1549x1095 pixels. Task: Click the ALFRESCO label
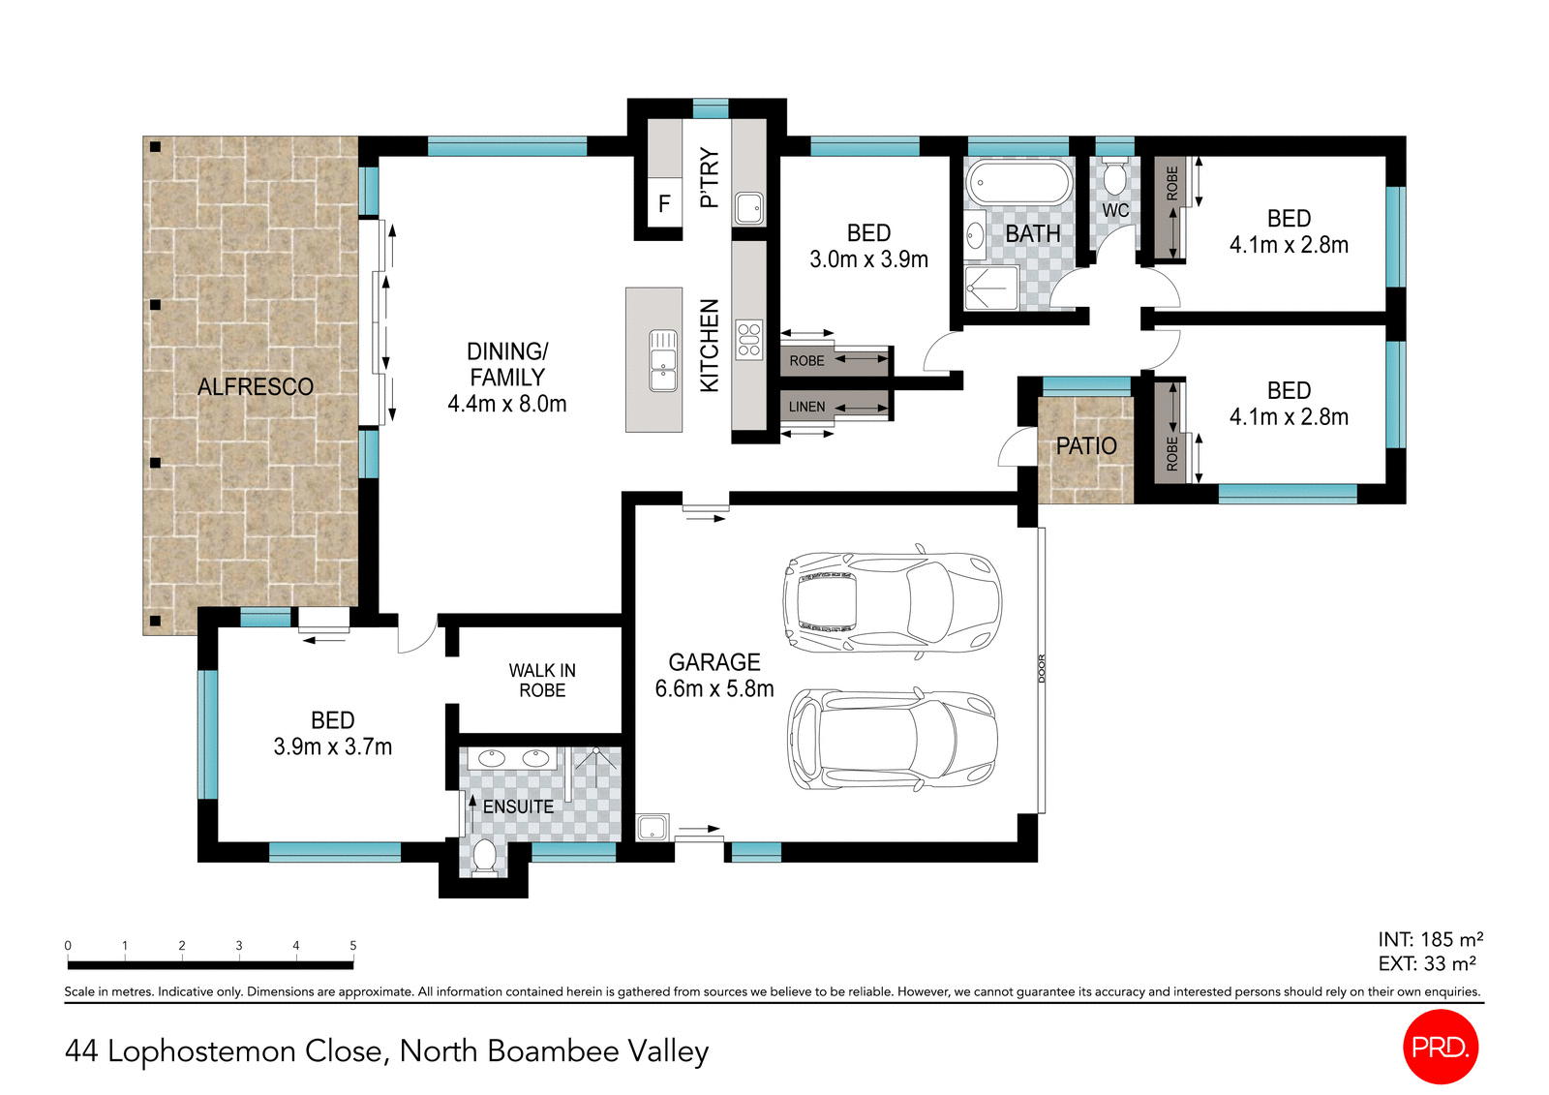(x=256, y=387)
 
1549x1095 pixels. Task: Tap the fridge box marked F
(x=664, y=203)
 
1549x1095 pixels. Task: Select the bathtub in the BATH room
(x=1018, y=182)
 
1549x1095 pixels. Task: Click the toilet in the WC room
(x=1114, y=178)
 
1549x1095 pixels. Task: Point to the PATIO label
(x=1086, y=446)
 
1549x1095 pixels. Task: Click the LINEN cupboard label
(x=806, y=407)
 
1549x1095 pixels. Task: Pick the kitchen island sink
(x=663, y=359)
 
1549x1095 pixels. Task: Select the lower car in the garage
(x=892, y=739)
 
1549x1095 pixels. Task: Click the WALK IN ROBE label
(x=542, y=681)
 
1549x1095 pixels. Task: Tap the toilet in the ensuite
(x=484, y=858)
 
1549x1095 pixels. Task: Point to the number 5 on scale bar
(x=353, y=945)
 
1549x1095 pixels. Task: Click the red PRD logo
(x=1440, y=1047)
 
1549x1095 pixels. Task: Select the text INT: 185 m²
(x=1430, y=939)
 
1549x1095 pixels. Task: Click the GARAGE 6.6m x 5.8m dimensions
(x=714, y=688)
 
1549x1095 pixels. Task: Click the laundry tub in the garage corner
(x=652, y=827)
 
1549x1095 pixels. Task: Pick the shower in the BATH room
(x=991, y=289)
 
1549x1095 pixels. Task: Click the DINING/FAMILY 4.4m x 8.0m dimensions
(x=507, y=404)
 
